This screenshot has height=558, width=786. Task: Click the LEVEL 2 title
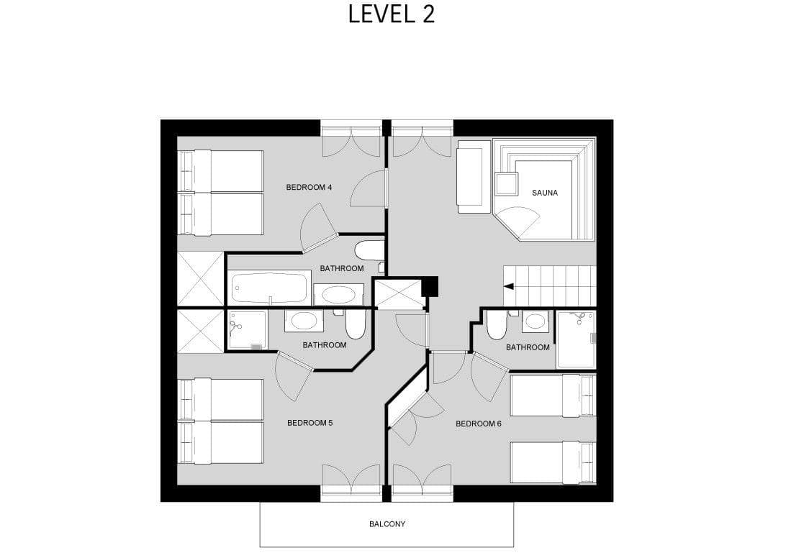392,14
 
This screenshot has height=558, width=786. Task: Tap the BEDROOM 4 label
309,187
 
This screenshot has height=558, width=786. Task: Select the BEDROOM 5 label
310,423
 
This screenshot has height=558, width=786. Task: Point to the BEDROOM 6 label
479,424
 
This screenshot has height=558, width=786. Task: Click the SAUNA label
545,193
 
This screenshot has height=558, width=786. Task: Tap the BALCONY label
387,524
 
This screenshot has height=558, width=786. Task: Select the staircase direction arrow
508,286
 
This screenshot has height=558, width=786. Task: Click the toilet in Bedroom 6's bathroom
497,326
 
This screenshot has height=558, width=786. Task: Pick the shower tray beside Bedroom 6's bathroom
576,339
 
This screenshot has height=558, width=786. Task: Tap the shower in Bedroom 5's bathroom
247,330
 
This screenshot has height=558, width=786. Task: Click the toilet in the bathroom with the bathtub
370,250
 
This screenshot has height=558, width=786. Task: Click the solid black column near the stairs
430,285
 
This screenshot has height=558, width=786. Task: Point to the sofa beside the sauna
473,176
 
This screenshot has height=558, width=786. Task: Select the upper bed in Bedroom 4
221,171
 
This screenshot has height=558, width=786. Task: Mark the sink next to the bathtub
338,294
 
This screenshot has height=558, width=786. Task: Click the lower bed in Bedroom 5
221,442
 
